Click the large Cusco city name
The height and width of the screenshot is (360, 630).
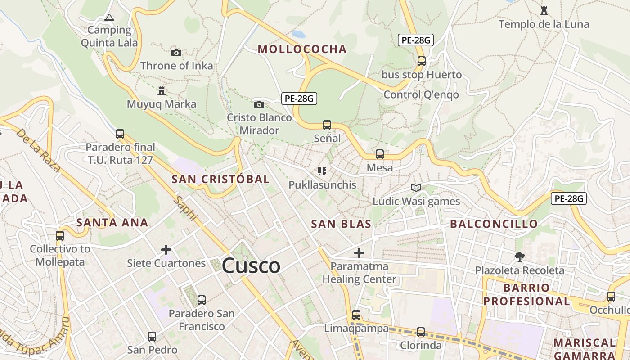click(x=251, y=265)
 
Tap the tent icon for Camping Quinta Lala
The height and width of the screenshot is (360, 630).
click(x=109, y=18)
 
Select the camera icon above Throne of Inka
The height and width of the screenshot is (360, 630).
click(x=176, y=53)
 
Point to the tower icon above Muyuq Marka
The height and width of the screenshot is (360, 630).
click(x=162, y=91)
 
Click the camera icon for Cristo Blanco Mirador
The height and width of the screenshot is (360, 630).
click(x=259, y=104)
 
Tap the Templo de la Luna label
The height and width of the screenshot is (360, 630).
click(x=544, y=24)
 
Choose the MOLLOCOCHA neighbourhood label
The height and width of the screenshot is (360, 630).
click(x=302, y=49)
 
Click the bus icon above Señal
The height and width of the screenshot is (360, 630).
click(x=327, y=125)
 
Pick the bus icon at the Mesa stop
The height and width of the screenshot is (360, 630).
click(x=380, y=154)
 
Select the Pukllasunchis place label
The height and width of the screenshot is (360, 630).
click(x=322, y=185)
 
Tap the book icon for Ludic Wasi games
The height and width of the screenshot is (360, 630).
click(x=416, y=188)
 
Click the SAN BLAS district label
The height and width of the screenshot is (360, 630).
click(x=341, y=224)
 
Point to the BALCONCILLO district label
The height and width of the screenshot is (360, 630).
click(x=494, y=224)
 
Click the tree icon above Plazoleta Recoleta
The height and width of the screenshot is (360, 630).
click(x=520, y=257)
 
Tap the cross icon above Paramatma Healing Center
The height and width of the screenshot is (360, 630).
click(x=359, y=253)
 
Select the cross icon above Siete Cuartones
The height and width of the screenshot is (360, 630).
click(x=166, y=250)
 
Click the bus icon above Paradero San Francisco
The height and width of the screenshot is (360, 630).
click(x=202, y=300)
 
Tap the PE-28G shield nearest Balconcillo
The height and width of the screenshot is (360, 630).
click(x=569, y=198)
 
